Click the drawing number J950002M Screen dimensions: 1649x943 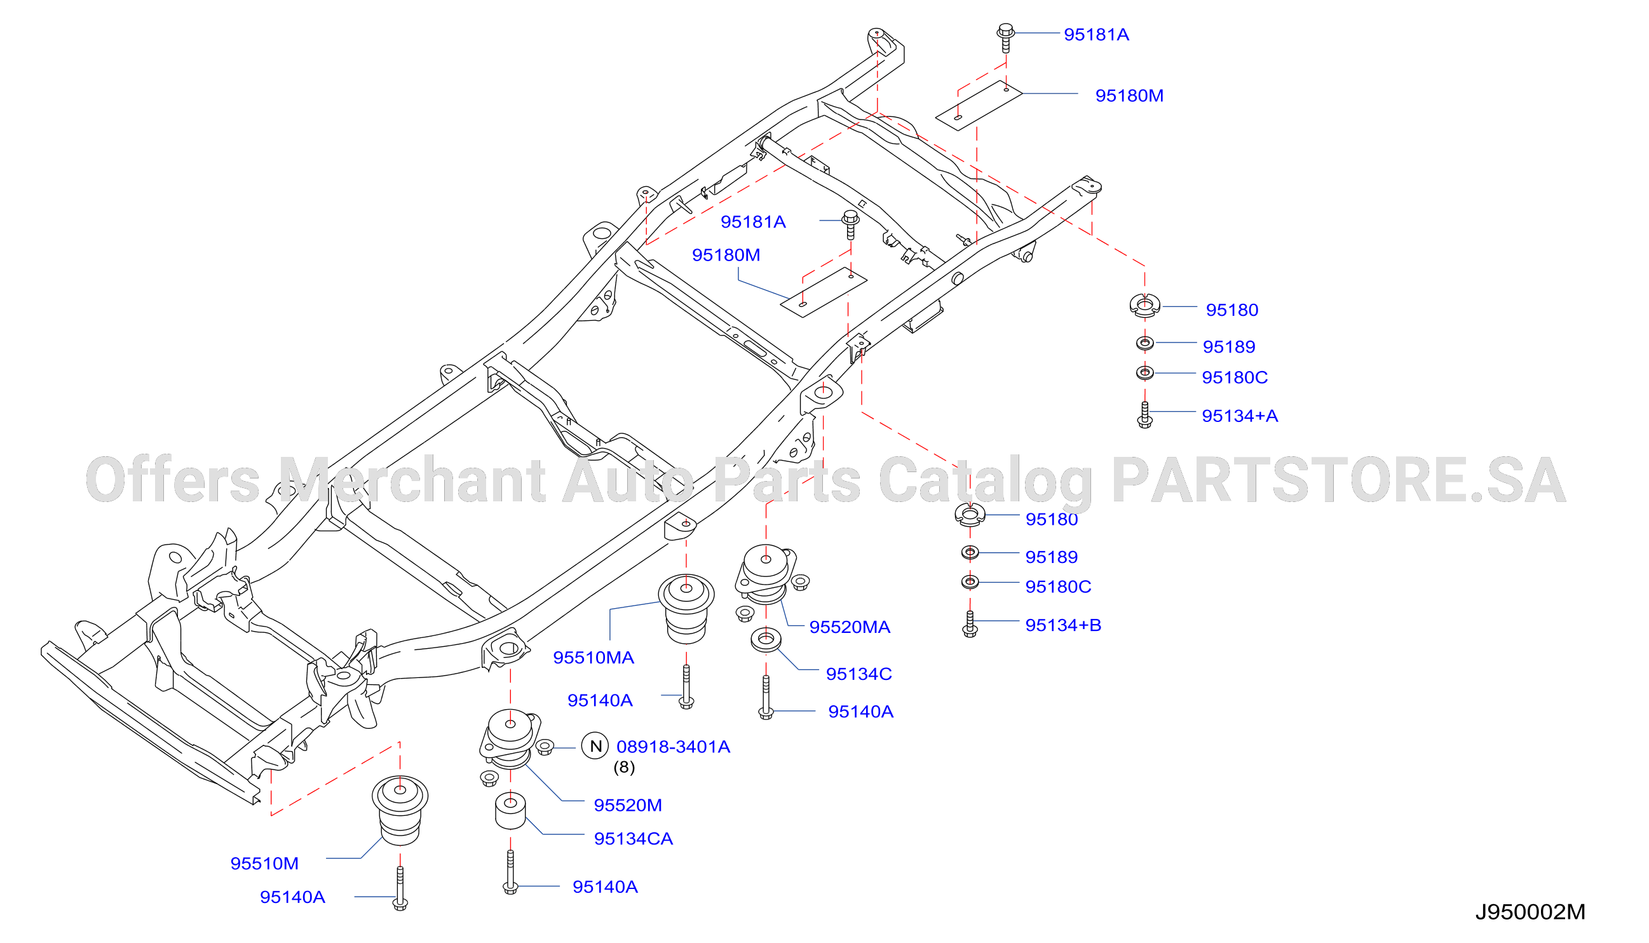point(1530,912)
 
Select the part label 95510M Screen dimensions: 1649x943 point(264,864)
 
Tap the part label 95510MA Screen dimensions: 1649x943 point(594,658)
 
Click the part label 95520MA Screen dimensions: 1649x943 point(850,627)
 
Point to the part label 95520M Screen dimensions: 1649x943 point(628,805)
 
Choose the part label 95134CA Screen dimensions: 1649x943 point(634,839)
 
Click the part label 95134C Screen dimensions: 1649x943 point(859,674)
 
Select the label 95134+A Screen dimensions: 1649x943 point(1240,416)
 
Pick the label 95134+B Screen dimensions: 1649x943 point(1063,625)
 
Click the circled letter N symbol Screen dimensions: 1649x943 point(595,746)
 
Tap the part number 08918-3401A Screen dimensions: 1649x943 point(673,747)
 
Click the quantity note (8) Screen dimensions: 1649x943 point(624,768)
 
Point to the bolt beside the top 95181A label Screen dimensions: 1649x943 point(1005,37)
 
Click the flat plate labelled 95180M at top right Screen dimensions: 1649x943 point(979,105)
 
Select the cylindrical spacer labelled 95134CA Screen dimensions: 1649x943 point(510,811)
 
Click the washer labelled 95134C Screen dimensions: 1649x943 point(766,640)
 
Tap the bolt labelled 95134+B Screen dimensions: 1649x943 point(970,625)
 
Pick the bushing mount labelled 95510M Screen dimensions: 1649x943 point(400,810)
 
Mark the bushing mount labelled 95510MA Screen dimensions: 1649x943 point(686,609)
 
